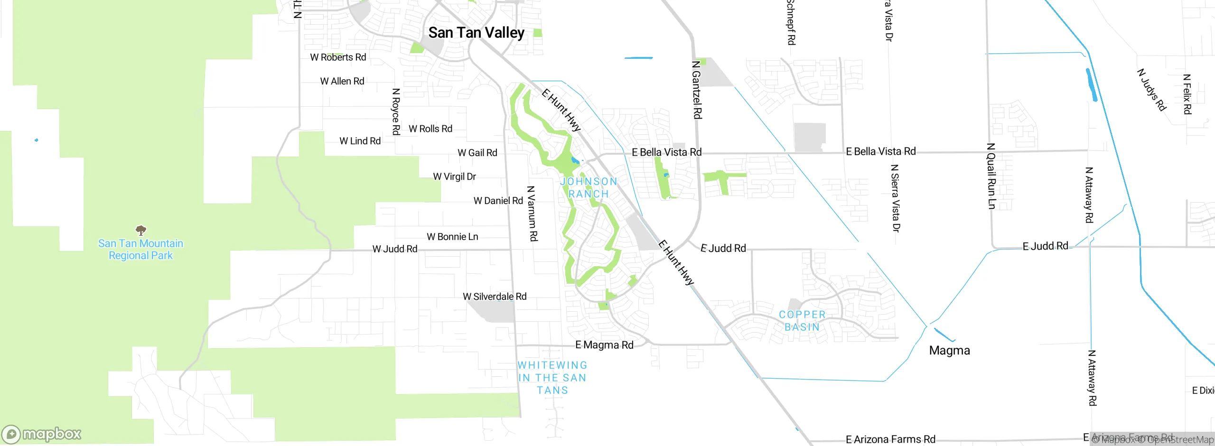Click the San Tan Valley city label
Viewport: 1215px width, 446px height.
[476, 33]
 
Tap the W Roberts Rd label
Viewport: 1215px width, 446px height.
[338, 57]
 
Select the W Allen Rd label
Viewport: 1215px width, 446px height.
[342, 82]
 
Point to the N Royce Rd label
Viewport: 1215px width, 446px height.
[396, 112]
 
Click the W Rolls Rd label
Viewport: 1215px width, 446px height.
[430, 129]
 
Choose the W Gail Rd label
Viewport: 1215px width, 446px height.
[477, 153]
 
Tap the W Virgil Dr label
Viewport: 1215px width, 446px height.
[454, 177]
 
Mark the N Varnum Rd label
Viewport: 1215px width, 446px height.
[532, 214]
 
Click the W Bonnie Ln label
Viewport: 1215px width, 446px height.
[452, 237]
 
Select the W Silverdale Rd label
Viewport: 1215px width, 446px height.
[495, 297]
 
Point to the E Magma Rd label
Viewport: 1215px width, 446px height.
[604, 345]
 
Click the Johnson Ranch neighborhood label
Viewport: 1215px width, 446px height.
[589, 188]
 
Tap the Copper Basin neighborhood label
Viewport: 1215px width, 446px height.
[802, 321]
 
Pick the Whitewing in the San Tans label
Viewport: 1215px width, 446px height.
[552, 378]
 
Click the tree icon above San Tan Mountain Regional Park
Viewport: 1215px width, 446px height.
[141, 231]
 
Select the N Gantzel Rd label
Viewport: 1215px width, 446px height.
[696, 90]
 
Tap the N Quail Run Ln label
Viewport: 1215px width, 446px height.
[991, 176]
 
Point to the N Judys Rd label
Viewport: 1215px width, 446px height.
[1151, 90]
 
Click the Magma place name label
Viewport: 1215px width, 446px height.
[949, 351]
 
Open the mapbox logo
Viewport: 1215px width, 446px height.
[42, 434]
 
